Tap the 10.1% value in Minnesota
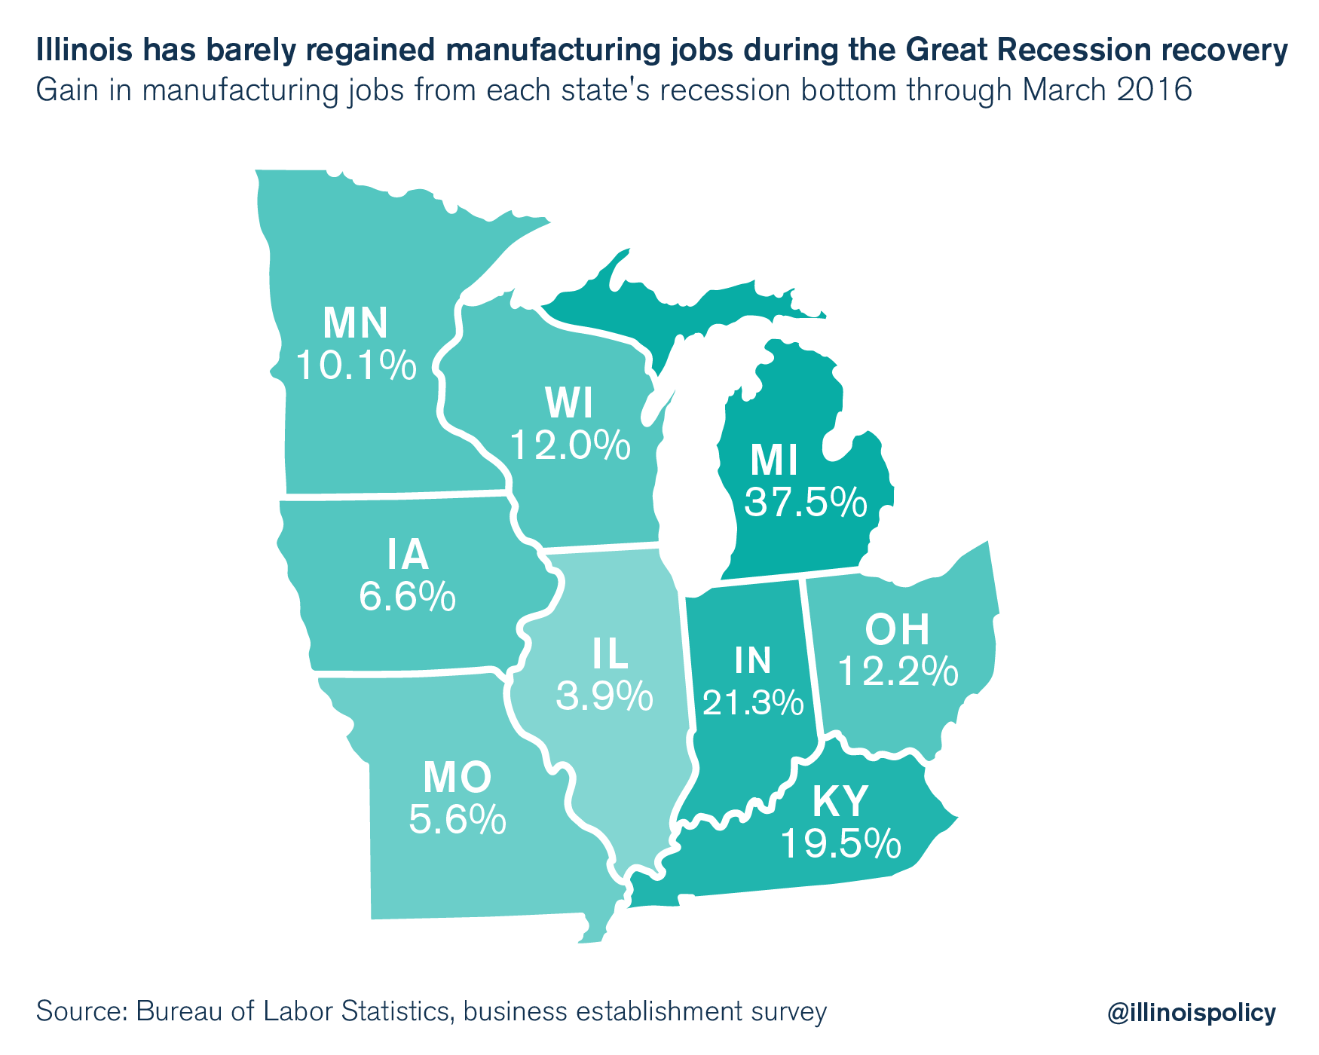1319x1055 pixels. tap(355, 365)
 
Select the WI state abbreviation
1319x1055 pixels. tap(570, 404)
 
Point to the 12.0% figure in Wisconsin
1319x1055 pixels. tap(570, 445)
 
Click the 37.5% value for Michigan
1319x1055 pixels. tap(805, 503)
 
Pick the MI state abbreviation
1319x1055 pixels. tap(774, 461)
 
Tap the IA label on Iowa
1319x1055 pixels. tap(408, 555)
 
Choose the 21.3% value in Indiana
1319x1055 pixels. tap(753, 702)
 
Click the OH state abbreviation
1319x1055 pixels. tap(897, 630)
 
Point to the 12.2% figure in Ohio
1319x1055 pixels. tap(898, 671)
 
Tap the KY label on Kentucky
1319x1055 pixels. tap(840, 802)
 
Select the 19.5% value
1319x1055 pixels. tap(840, 844)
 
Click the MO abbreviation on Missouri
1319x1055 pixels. tap(458, 778)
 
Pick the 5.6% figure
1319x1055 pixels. tap(458, 819)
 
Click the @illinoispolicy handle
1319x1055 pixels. tap(1192, 1012)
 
